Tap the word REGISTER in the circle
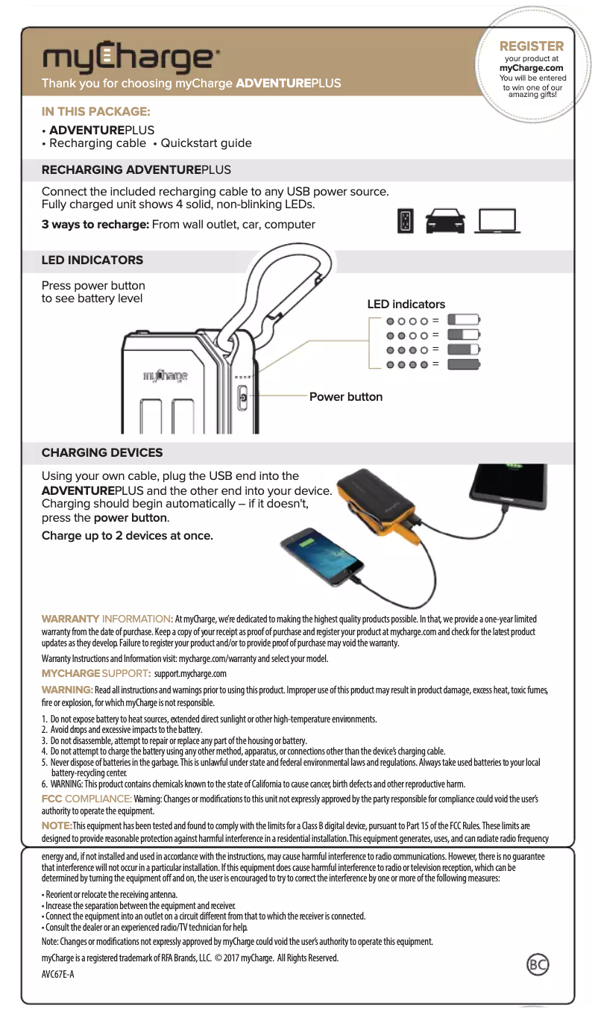[531, 46]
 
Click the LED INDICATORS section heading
[92, 260]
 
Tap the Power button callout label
[345, 396]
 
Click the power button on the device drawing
[242, 399]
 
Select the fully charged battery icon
[468, 364]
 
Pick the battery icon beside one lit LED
[468, 319]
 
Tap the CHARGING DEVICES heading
[102, 453]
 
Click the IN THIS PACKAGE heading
[95, 112]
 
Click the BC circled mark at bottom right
[538, 965]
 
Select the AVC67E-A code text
[58, 975]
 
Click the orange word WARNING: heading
[67, 688]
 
